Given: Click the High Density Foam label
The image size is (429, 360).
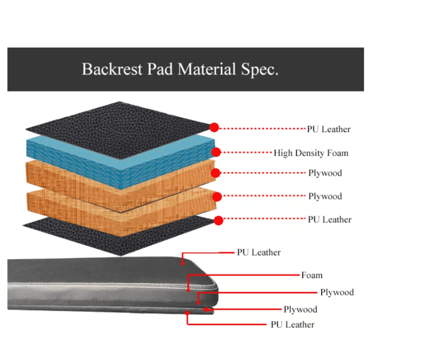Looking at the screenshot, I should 310,153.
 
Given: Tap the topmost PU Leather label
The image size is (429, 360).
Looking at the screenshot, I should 329,129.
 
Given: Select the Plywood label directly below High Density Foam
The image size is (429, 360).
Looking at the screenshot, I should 325,173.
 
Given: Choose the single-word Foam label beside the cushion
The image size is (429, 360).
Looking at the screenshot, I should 312,275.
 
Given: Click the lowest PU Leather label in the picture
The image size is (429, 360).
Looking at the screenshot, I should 293,325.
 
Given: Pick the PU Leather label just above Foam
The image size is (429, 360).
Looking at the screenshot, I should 259,252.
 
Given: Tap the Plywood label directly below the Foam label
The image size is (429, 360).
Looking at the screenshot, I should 337,292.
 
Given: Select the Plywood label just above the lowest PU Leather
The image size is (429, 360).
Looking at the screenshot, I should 300,310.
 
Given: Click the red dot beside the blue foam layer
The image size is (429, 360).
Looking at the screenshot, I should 216,152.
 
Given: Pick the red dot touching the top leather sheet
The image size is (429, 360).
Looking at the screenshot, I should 214,127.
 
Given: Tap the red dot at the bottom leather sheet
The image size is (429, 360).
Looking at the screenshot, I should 219,221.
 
